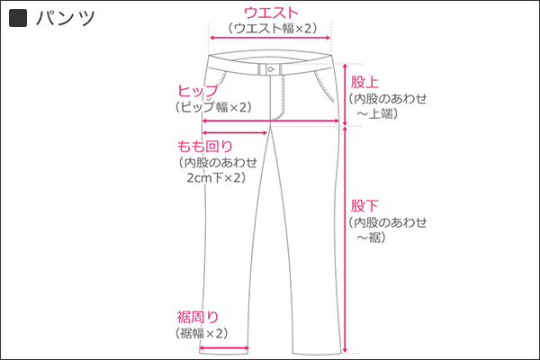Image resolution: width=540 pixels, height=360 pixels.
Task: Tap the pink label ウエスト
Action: pyautogui.click(x=271, y=12)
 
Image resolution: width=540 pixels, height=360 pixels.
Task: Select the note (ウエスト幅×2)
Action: pyautogui.click(x=271, y=28)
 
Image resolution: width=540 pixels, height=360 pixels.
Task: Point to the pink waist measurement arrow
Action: pyautogui.click(x=271, y=39)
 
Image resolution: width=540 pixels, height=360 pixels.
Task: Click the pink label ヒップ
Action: pyautogui.click(x=198, y=91)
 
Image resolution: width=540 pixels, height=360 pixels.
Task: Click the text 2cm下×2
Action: pyautogui.click(x=215, y=178)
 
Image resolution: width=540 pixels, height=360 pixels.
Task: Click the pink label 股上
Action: pyautogui.click(x=365, y=81)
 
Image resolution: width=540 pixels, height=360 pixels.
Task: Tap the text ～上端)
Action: pyautogui.click(x=377, y=113)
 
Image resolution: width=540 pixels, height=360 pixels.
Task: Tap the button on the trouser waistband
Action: pyautogui.click(x=271, y=69)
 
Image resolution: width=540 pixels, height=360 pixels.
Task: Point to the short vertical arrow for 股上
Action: pyautogui.click(x=346, y=94)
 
